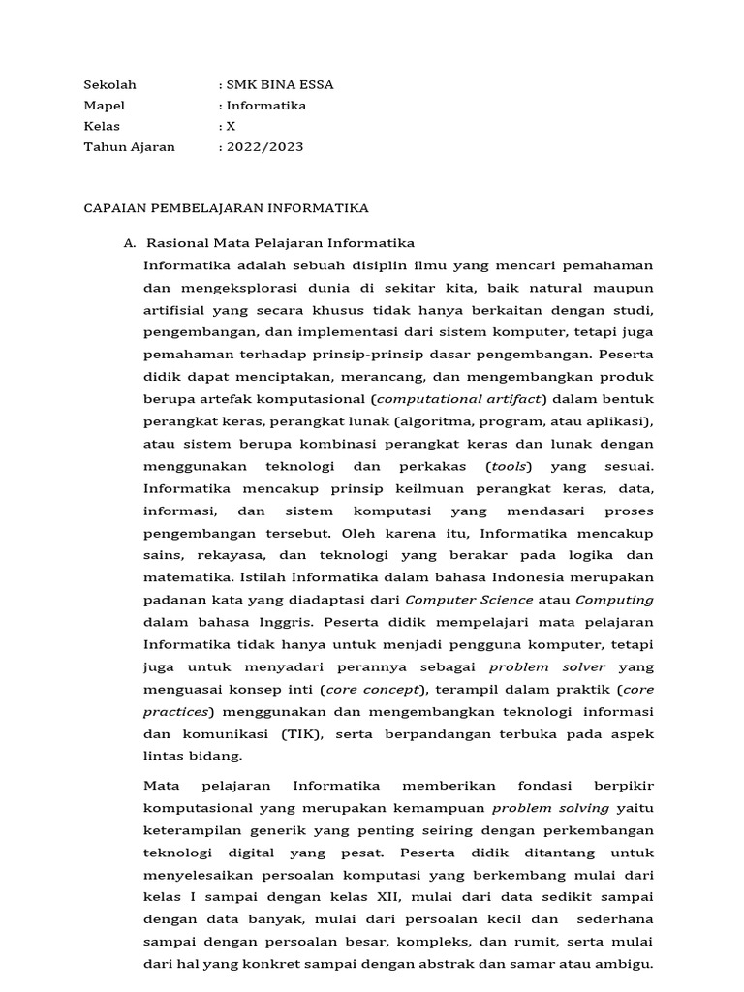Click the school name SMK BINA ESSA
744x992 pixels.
[x=280, y=84]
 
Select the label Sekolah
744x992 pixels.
[x=108, y=84]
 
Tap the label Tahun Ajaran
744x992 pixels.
[x=129, y=147]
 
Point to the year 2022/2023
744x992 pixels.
[x=264, y=147]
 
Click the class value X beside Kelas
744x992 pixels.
[x=231, y=126]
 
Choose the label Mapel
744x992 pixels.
[x=104, y=106]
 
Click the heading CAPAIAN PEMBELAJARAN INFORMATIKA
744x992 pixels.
[x=226, y=208]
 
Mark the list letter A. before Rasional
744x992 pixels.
[x=130, y=243]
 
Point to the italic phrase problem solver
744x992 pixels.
[x=547, y=667]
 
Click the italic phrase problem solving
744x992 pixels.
[x=551, y=807]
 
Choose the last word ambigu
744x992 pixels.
[x=628, y=964]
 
